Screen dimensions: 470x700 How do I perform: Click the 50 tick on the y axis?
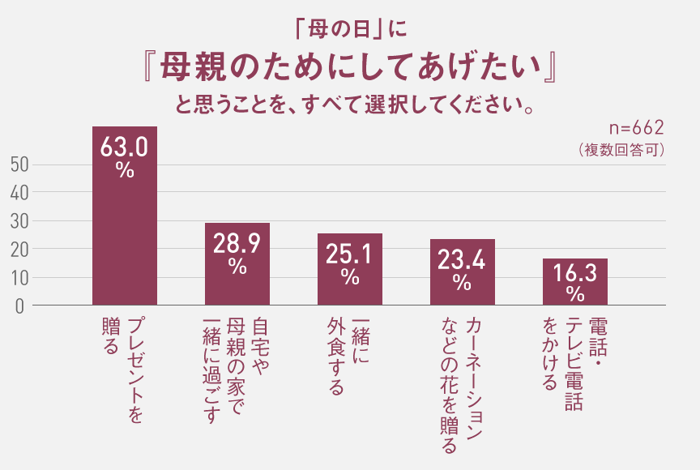pos(21,164)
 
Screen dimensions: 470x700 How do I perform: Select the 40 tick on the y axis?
pos(21,193)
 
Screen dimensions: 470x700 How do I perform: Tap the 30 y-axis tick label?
pos(21,220)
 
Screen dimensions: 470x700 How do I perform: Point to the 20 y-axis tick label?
pos(21,249)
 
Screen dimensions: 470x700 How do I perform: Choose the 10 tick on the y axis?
pos(21,277)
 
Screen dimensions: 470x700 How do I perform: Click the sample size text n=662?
pos(636,128)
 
